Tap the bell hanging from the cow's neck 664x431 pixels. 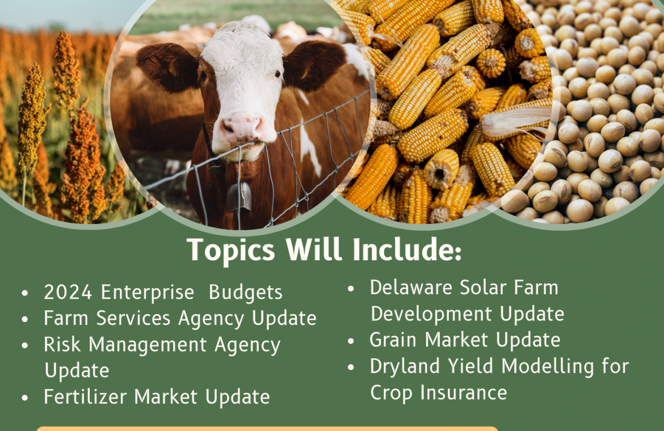pyautogui.click(x=239, y=197)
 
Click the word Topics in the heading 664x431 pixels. pyautogui.click(x=231, y=251)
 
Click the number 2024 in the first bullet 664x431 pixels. pyautogui.click(x=68, y=292)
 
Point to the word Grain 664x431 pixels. pyautogui.click(x=393, y=340)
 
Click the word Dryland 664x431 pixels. pyautogui.click(x=405, y=367)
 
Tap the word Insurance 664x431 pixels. pyautogui.click(x=464, y=392)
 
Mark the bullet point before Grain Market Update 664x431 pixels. pyautogui.click(x=351, y=341)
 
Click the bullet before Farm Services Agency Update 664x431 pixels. pyautogui.click(x=24, y=319)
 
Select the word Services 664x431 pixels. pyautogui.click(x=133, y=318)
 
